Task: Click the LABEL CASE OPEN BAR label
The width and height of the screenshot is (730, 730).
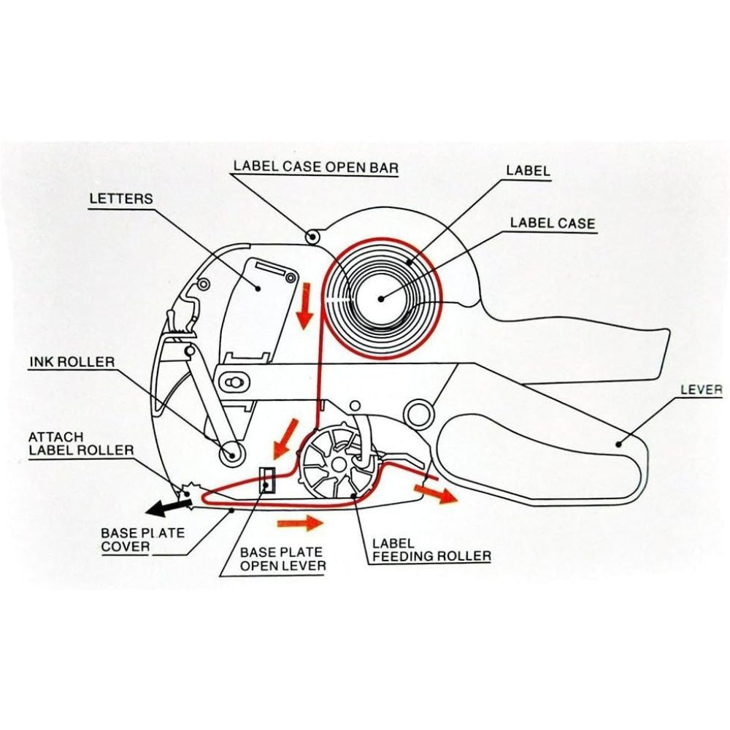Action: [315, 166]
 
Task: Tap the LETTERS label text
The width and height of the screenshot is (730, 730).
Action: [121, 199]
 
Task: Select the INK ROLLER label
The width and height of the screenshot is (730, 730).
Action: [72, 361]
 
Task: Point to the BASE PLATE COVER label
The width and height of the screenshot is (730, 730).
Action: [142, 539]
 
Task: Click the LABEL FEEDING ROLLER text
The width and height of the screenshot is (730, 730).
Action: [431, 550]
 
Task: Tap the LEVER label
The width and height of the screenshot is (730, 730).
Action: [701, 390]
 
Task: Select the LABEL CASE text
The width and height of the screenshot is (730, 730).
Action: [553, 223]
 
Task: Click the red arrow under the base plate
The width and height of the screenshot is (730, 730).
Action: [300, 522]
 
